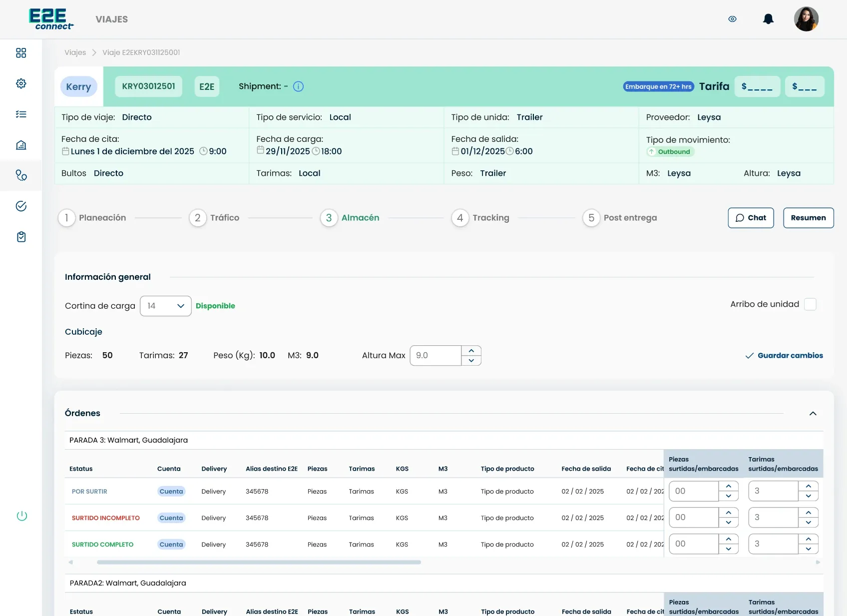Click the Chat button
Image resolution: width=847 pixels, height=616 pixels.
(751, 217)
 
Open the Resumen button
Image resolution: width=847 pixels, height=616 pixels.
(808, 217)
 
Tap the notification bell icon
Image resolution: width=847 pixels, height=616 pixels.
(768, 19)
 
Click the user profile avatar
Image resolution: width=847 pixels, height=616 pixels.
(806, 19)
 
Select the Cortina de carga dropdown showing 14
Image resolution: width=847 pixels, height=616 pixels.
(166, 306)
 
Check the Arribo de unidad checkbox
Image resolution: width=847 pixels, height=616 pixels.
(810, 304)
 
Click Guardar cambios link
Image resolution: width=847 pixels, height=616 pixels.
(784, 355)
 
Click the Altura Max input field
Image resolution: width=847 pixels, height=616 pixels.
(435, 355)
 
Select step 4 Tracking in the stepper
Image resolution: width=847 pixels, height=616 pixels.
(480, 217)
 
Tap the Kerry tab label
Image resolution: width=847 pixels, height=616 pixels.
(78, 86)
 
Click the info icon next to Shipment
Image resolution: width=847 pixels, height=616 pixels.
(298, 86)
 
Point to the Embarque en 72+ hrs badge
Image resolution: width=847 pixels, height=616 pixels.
(658, 86)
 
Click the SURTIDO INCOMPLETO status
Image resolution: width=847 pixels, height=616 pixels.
(105, 518)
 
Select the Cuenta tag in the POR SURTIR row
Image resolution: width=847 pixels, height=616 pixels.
(171, 491)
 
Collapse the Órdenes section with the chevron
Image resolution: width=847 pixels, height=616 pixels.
(813, 413)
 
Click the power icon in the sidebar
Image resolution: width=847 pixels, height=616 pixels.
(22, 516)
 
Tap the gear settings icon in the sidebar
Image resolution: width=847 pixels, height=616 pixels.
(21, 83)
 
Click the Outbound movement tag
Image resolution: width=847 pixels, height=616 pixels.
(670, 152)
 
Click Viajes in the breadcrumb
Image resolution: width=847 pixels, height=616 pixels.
(75, 52)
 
